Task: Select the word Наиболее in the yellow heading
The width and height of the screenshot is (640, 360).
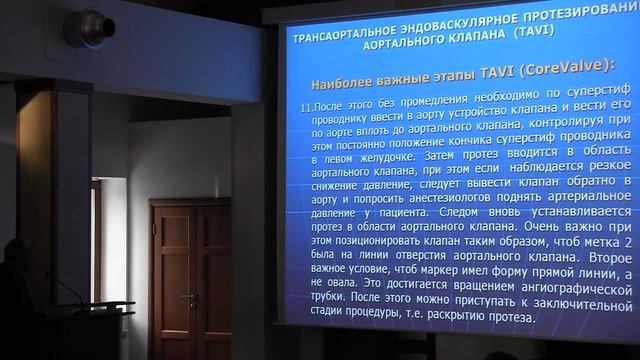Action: pyautogui.click(x=348, y=80)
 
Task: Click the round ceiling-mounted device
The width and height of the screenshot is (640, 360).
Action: pyautogui.click(x=89, y=27)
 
